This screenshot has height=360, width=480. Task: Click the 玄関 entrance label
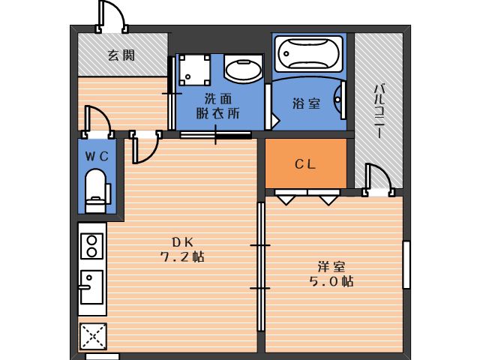click(121, 55)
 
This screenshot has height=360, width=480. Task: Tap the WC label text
click(97, 156)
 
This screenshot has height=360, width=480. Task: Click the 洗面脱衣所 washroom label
click(217, 106)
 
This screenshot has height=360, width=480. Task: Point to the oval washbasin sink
click(241, 71)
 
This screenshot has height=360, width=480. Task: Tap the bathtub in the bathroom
click(308, 55)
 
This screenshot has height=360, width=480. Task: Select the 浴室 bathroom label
click(307, 103)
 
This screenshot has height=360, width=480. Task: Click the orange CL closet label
click(305, 164)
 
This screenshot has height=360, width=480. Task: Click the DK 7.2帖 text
click(182, 249)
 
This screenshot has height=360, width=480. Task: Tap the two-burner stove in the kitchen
click(91, 246)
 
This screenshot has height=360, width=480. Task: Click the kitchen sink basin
click(91, 287)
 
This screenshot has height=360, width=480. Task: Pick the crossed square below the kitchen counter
click(92, 335)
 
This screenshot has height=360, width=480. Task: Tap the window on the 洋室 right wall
click(406, 264)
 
